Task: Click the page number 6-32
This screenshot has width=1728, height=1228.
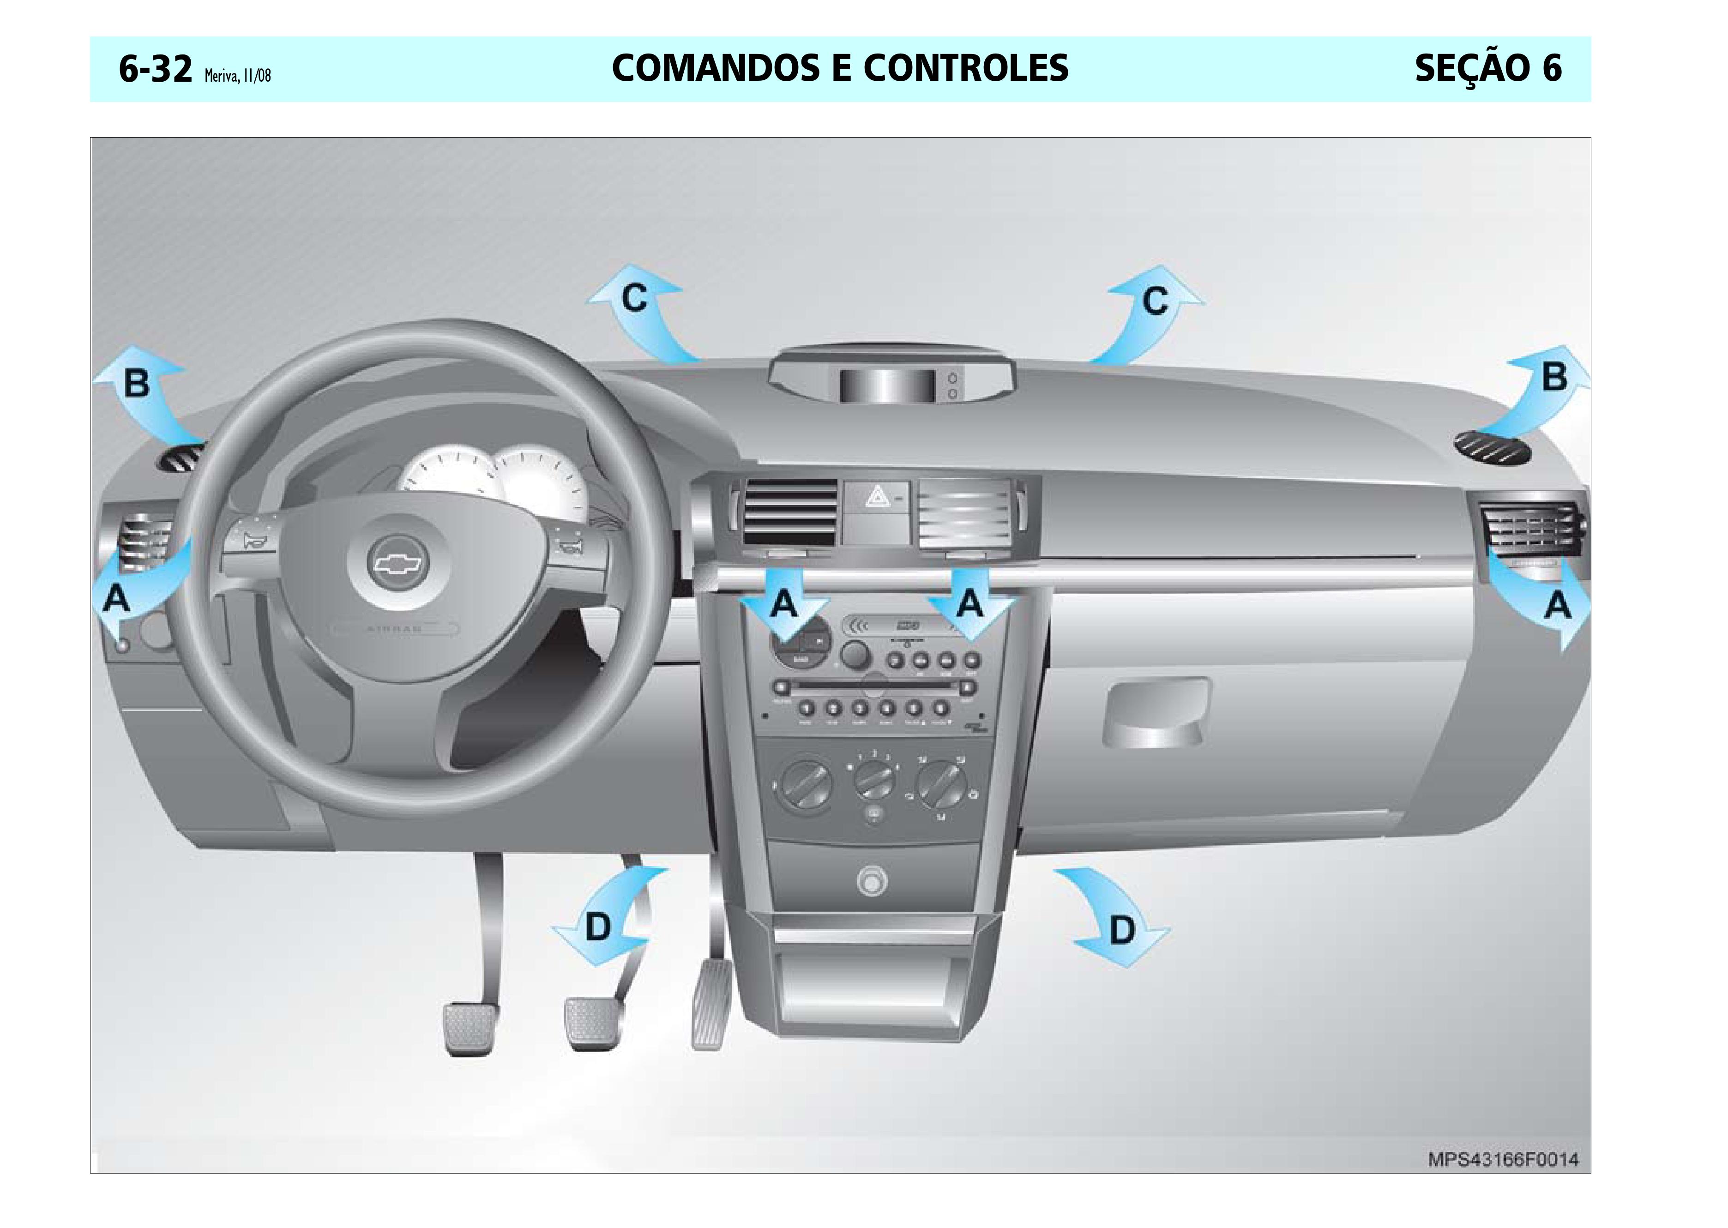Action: pos(155,70)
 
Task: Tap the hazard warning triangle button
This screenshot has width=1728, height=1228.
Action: pos(877,497)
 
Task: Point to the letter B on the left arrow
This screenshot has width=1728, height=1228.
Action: pos(136,383)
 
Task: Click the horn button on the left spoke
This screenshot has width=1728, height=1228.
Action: pos(247,540)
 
